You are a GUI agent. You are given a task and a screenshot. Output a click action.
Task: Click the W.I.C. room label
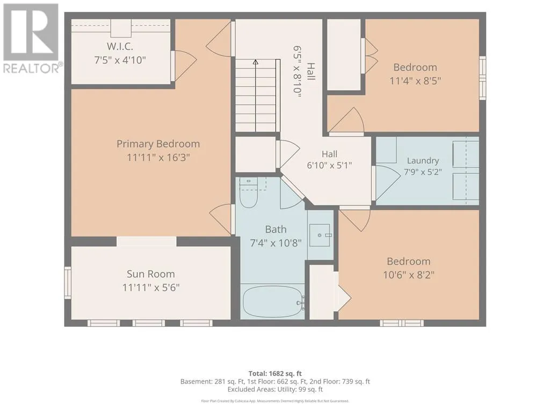(x=120, y=47)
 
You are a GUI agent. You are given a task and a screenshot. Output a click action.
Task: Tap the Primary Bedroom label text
(x=158, y=144)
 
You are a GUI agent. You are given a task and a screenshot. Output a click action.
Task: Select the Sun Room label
(x=151, y=274)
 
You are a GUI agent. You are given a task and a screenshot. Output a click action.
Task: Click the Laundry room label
(x=423, y=161)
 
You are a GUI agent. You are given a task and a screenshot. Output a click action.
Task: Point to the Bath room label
(x=276, y=230)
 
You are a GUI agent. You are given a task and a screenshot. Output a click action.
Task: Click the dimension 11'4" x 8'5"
(x=415, y=81)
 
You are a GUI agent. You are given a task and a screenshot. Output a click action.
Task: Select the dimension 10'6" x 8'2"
(x=409, y=275)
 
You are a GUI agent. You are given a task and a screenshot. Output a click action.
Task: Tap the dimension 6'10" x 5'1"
(x=329, y=165)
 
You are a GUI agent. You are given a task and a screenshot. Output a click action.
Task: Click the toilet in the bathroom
(x=249, y=193)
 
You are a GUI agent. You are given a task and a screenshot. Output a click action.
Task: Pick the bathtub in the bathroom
(x=273, y=302)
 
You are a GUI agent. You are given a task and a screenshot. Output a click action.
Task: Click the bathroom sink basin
(x=320, y=235)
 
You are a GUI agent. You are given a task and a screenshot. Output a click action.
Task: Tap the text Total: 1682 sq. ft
(x=275, y=373)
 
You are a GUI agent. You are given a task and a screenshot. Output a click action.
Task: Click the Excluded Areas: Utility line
(x=275, y=389)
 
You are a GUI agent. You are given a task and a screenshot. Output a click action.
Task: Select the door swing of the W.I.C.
(x=185, y=66)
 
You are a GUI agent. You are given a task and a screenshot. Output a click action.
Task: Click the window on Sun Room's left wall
(x=68, y=282)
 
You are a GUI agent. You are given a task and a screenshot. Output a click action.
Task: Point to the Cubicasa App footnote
(x=275, y=401)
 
